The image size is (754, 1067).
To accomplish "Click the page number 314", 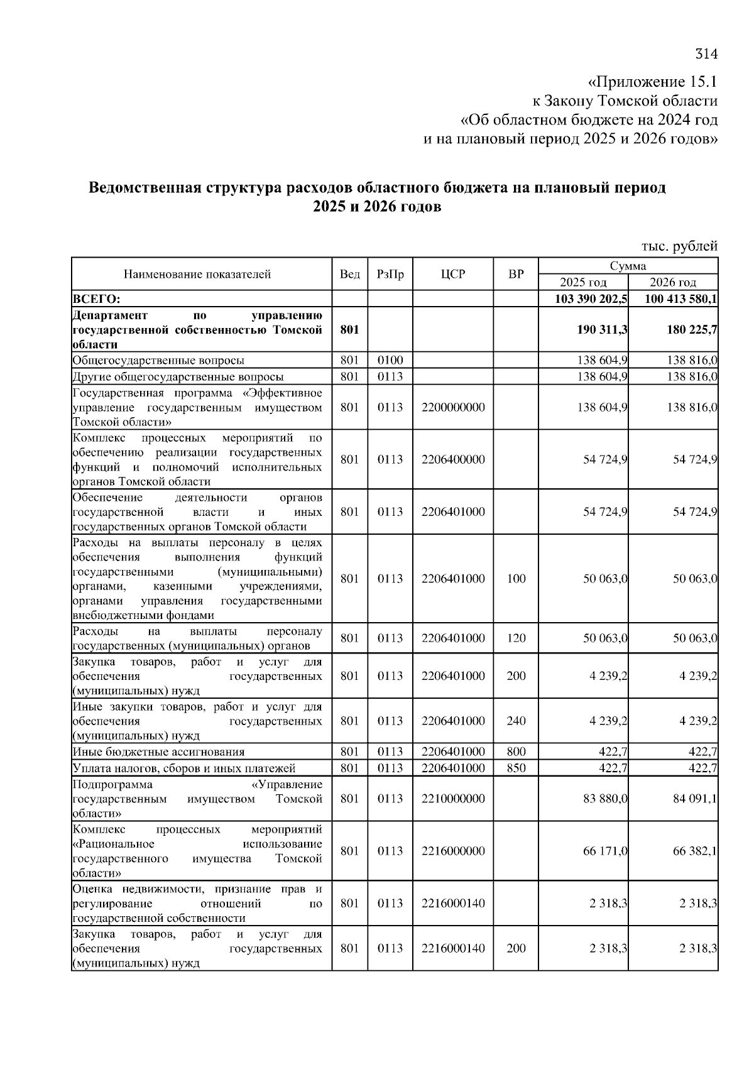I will [x=706, y=54].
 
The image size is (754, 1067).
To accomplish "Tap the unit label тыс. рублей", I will [x=679, y=246].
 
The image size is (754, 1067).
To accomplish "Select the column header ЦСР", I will [x=452, y=274].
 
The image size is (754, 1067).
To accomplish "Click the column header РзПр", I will [x=390, y=274].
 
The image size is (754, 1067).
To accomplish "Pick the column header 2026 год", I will [x=673, y=282].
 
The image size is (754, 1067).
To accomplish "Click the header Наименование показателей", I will [x=197, y=274].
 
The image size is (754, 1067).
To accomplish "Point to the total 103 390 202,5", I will [x=591, y=298].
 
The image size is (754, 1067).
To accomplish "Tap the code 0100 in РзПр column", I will [x=390, y=360].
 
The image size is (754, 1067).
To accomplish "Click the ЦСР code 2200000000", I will [x=453, y=407].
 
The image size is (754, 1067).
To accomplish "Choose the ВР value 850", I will [x=516, y=768].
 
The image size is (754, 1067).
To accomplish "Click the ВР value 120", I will [x=516, y=638].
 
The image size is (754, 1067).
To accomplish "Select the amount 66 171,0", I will [x=605, y=851].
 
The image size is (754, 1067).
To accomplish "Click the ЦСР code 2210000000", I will [x=453, y=799].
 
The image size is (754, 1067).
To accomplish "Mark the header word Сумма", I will [x=628, y=266].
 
